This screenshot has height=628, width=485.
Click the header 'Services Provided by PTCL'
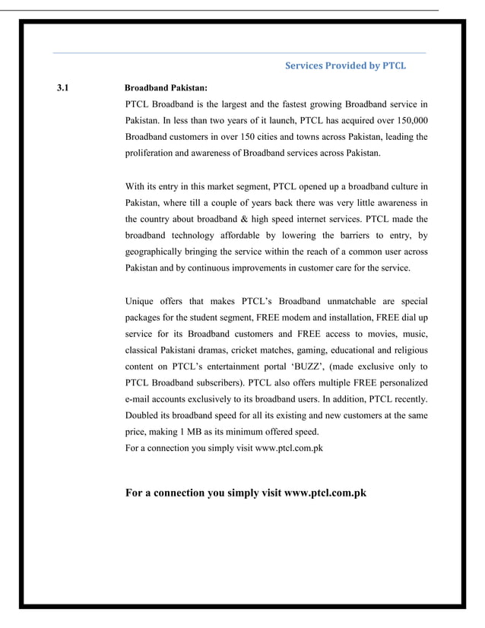345,65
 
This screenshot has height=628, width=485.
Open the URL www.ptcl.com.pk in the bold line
325,493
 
